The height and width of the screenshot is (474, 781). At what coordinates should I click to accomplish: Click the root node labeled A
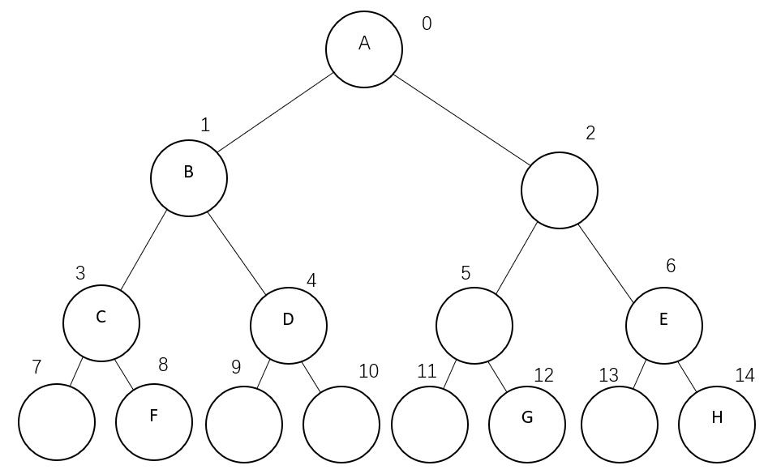364,48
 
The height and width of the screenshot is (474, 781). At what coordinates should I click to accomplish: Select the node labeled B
189,177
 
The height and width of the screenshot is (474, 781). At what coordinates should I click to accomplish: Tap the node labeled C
101,322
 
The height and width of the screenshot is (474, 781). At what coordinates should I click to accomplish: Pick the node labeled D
289,325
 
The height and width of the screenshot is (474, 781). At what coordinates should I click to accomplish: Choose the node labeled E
664,325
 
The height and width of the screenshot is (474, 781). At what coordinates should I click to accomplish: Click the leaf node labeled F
154,421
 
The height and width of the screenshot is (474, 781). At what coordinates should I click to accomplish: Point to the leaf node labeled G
527,423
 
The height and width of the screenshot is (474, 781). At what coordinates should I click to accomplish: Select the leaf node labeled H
717,423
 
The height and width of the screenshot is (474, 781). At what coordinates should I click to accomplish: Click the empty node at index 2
560,190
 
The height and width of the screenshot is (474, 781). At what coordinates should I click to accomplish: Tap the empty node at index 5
474,325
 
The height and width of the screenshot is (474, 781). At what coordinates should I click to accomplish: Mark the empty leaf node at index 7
57,422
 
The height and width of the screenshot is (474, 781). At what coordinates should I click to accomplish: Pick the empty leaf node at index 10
341,424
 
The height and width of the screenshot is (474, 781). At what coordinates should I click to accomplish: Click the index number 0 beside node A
427,23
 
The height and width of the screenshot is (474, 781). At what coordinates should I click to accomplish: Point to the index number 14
745,375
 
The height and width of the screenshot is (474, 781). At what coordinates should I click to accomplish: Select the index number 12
543,375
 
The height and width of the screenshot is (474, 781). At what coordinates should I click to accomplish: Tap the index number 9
236,367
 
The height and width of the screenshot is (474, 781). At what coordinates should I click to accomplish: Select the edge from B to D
238,253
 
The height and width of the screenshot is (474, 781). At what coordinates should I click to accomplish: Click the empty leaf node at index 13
620,424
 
